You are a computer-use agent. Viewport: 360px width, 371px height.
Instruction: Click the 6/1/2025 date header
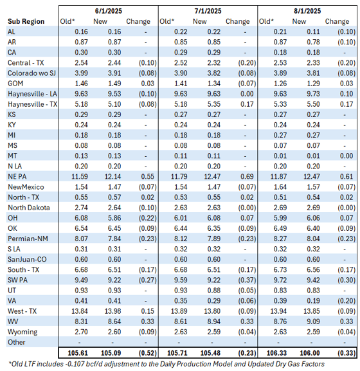109,10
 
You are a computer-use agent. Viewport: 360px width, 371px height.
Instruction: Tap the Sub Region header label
26,21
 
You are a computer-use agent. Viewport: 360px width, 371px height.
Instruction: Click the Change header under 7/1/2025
237,21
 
